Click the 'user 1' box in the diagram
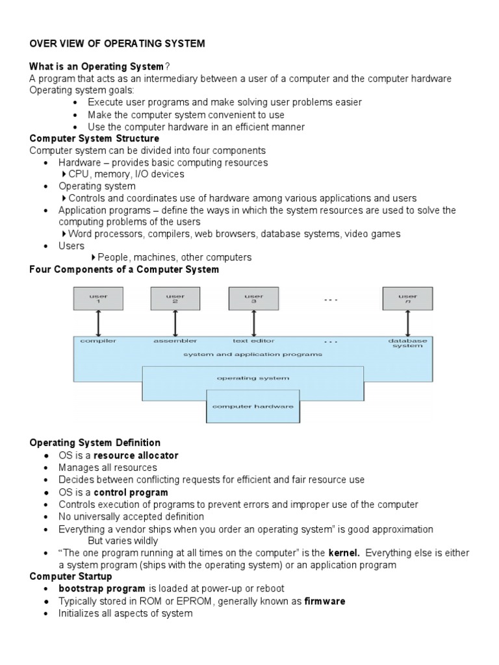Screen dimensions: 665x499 click(x=98, y=299)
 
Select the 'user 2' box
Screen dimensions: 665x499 click(x=175, y=299)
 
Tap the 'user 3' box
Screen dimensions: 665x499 click(x=253, y=299)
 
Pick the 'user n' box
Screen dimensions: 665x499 click(x=407, y=299)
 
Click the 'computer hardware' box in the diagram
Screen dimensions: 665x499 click(x=253, y=407)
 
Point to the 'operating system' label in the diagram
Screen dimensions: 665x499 click(x=253, y=377)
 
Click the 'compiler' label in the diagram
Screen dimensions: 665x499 click(x=98, y=340)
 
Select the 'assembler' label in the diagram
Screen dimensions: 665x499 click(x=175, y=340)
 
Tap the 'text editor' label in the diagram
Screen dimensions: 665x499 click(x=253, y=340)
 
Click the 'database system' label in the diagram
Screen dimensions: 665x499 click(x=407, y=343)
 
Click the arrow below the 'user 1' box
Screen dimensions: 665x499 click(x=98, y=323)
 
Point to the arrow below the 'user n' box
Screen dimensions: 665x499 click(x=407, y=323)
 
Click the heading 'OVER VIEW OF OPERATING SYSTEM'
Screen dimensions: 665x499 click(x=117, y=44)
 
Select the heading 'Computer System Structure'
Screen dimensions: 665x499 click(x=94, y=138)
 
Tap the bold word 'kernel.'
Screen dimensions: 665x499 click(x=344, y=553)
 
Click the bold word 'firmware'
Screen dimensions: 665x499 click(x=325, y=601)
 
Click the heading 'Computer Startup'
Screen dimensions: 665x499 click(x=71, y=577)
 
